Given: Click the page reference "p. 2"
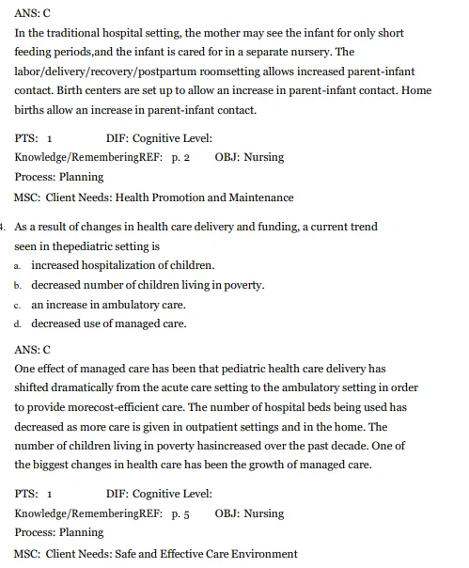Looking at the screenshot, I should point(180,157).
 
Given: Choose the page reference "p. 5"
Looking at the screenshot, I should point(180,513).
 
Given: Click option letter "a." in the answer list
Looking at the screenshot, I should point(18,266).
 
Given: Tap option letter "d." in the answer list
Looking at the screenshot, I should point(18,324).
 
